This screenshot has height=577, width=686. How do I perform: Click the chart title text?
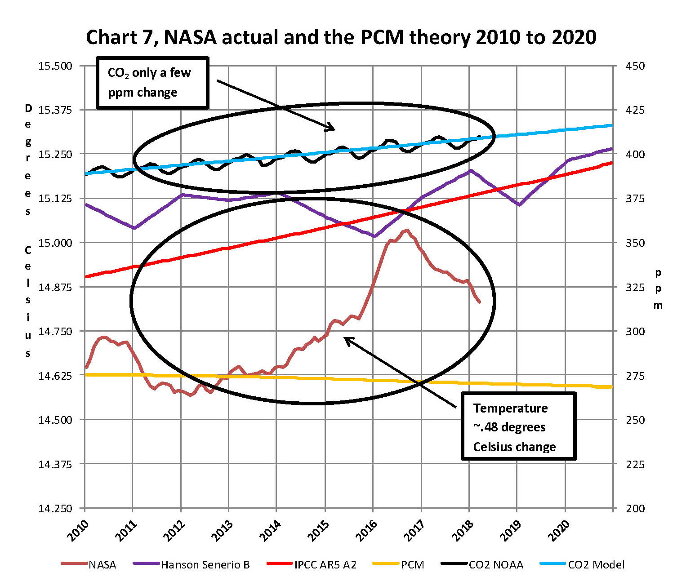click(x=341, y=37)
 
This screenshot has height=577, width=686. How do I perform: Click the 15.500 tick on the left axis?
click(x=55, y=66)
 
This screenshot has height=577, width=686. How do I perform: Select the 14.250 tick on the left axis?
click(x=55, y=508)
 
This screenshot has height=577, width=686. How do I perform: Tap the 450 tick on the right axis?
click(x=635, y=66)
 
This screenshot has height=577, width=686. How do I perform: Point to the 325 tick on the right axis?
click(x=635, y=287)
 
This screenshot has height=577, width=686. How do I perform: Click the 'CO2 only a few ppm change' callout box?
click(x=152, y=83)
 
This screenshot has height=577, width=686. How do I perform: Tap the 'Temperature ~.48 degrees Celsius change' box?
click(x=518, y=427)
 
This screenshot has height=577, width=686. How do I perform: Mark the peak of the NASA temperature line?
click(x=407, y=230)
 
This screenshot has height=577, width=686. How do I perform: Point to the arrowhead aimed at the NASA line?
click(x=346, y=339)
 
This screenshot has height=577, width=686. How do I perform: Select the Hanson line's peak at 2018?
click(x=470, y=170)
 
